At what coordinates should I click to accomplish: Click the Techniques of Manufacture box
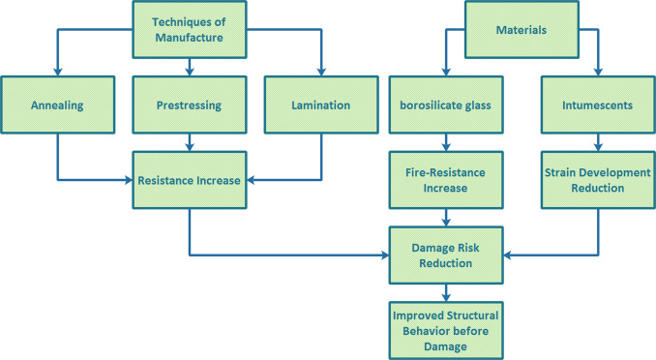point(189,29)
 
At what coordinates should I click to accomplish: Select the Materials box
point(522,30)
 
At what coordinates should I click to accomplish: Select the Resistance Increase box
point(190,179)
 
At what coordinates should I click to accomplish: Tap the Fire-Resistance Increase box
point(445,179)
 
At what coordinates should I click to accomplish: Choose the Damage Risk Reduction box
point(445,255)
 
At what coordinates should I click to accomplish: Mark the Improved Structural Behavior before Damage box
point(445,330)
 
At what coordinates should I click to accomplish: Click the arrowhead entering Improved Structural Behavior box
point(445,296)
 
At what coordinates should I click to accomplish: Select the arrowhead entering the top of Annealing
point(57,71)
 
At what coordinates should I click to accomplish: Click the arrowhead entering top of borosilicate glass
point(445,71)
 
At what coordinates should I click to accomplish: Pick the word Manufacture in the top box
point(189,38)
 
